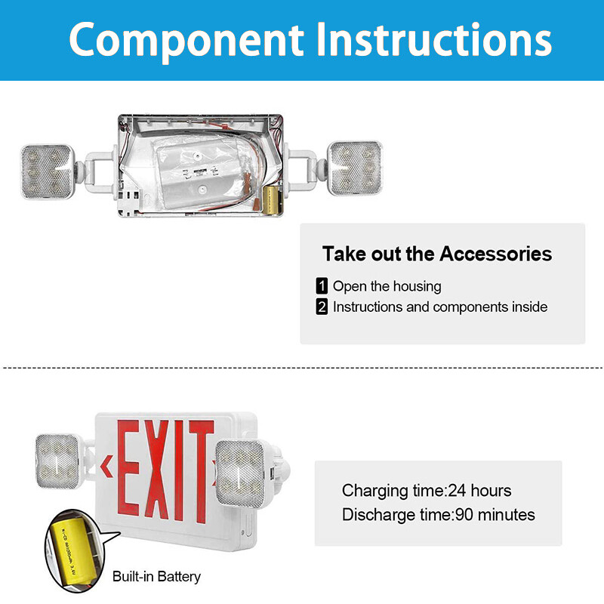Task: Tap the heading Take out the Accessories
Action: pos(437,254)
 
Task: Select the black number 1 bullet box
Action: pos(322,286)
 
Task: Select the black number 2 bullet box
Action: pos(322,307)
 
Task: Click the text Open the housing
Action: pos(387,286)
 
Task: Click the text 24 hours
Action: pos(479,491)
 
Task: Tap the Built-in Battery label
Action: pos(156,577)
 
